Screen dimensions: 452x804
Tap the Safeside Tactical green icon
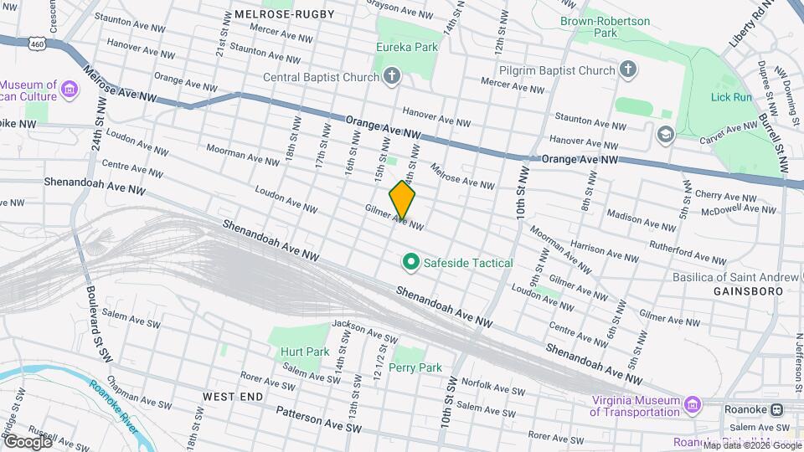click(410, 263)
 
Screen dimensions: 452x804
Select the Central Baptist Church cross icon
click(392, 78)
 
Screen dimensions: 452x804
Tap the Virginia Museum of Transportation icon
click(692, 406)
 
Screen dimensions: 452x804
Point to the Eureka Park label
click(407, 47)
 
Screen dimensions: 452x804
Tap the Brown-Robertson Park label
click(600, 25)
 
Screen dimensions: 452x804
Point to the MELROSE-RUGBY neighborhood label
click(285, 14)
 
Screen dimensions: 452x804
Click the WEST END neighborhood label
click(233, 396)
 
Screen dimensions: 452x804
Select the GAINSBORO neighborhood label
click(748, 290)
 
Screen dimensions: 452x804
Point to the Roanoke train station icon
click(776, 410)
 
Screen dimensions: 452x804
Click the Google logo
click(28, 441)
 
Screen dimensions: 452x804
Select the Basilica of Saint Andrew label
click(736, 276)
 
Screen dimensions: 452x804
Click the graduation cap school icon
click(665, 134)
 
